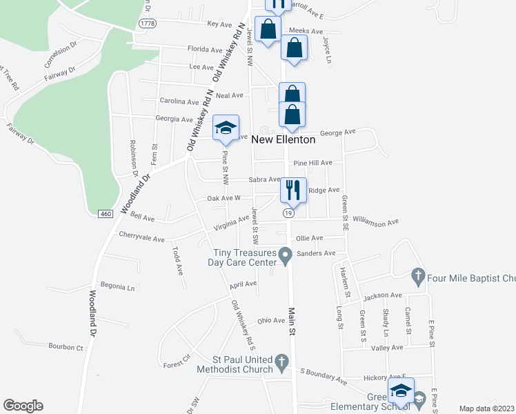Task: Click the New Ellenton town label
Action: [x=283, y=139]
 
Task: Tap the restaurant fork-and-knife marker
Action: [x=293, y=190]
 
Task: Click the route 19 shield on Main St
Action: [x=286, y=215]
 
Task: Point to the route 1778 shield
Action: [x=147, y=23]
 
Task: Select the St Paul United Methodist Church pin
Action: [x=281, y=362]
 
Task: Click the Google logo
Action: [x=23, y=406]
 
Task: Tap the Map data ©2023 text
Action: [x=487, y=408]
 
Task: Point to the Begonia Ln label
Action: [x=117, y=286]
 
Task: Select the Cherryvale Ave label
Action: [x=141, y=239]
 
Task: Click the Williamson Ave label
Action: [x=375, y=222]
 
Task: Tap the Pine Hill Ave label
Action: [x=312, y=163]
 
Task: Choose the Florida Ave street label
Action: [x=205, y=50]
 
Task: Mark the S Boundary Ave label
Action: [x=323, y=375]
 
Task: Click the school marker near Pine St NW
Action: [x=226, y=128]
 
